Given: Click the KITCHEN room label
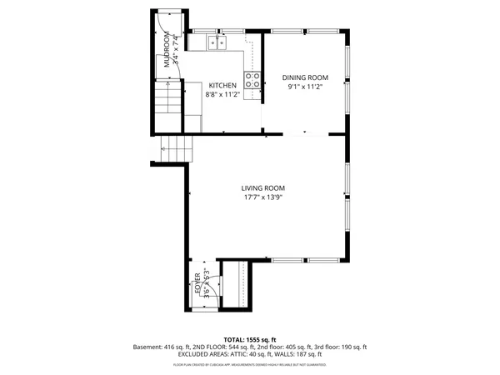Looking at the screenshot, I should click(x=222, y=86).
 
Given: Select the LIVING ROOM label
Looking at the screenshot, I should click(x=263, y=188).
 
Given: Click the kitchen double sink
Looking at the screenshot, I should click(x=218, y=42).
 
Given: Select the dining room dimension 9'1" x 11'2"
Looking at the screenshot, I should click(x=304, y=87).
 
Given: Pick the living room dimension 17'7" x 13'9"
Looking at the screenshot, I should click(x=263, y=198).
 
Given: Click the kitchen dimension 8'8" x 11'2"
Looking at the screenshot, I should click(x=222, y=95).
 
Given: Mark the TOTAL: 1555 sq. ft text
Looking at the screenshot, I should click(x=250, y=340).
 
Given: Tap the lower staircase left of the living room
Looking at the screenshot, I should click(x=177, y=149).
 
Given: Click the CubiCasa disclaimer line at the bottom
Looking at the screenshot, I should click(x=250, y=364).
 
